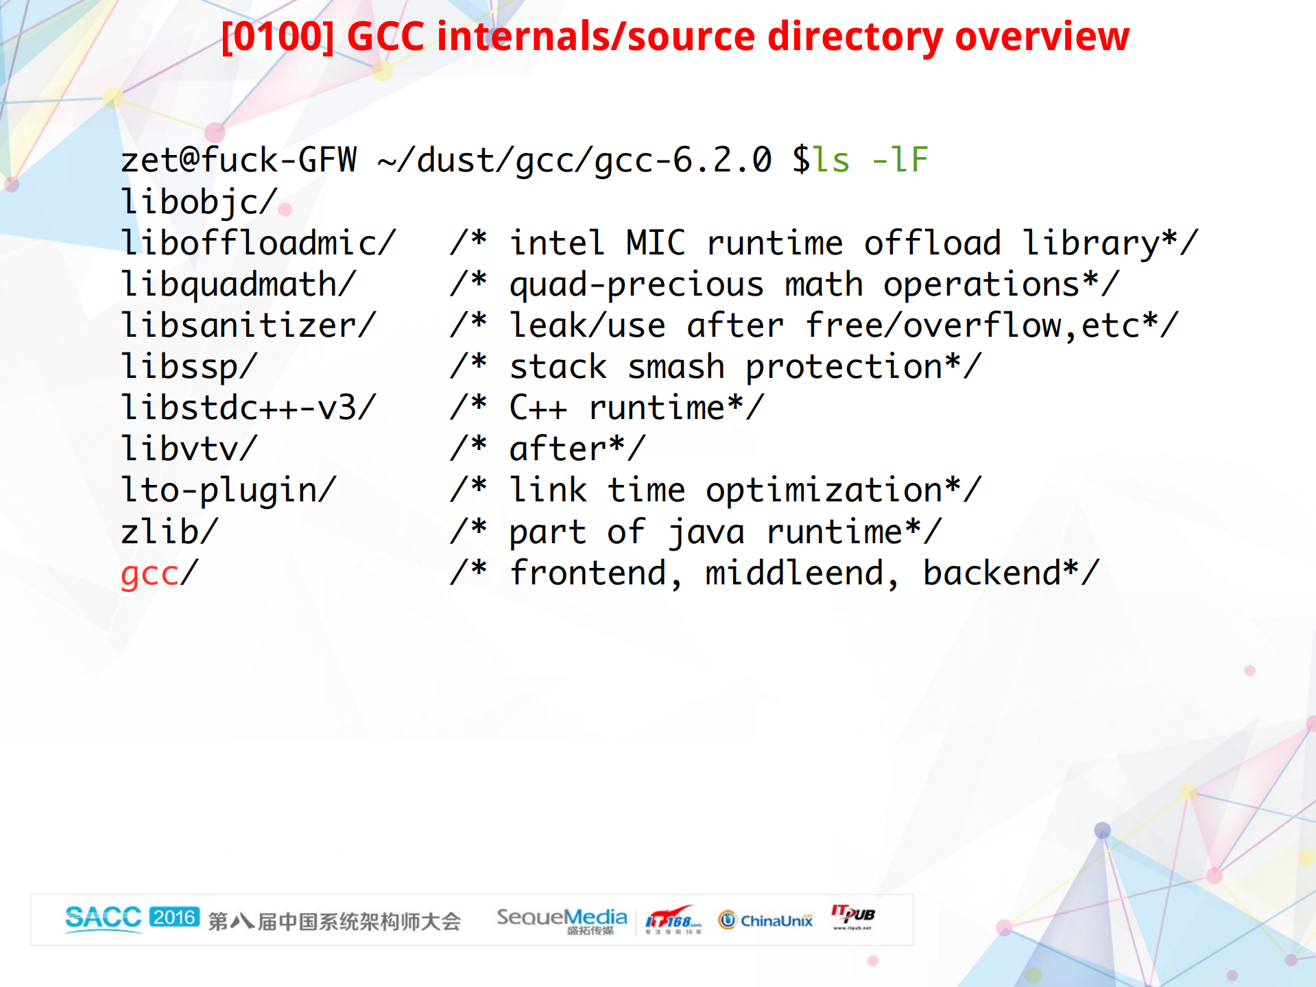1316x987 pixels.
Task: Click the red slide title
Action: tap(675, 36)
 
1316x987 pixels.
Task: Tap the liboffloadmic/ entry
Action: tap(259, 243)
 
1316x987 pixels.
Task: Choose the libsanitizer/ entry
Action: tap(249, 325)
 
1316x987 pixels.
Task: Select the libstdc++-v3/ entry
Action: tap(249, 407)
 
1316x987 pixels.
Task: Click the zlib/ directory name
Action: tap(169, 532)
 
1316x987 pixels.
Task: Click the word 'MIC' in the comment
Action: tap(655, 243)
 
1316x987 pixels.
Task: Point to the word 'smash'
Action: tap(676, 366)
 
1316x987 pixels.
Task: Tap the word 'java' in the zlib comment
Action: tap(706, 532)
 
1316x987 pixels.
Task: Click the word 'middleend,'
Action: tap(802, 573)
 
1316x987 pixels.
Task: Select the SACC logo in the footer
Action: tap(103, 918)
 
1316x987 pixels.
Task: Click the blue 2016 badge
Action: tap(175, 917)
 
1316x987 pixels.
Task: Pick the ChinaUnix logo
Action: tap(765, 920)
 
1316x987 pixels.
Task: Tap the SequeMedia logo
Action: tap(562, 920)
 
